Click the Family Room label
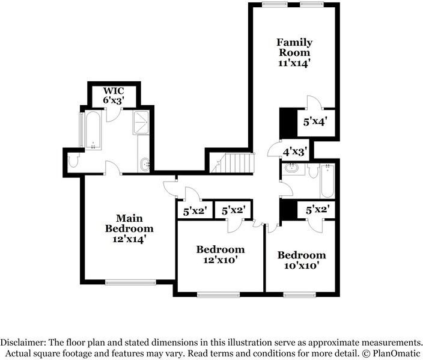click(x=294, y=47)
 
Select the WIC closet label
click(x=114, y=90)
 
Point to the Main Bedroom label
click(x=129, y=223)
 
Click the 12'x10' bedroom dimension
click(x=220, y=260)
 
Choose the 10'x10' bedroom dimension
click(x=302, y=266)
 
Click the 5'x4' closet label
click(x=315, y=122)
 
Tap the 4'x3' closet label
click(x=295, y=152)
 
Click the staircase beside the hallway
click(x=233, y=163)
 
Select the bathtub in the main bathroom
click(x=93, y=130)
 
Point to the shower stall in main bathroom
click(x=141, y=122)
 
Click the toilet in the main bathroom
click(x=73, y=160)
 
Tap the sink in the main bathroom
click(x=145, y=164)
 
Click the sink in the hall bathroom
click(x=291, y=168)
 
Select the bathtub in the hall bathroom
click(x=327, y=181)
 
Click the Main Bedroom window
click(x=130, y=282)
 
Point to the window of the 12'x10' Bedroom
click(x=219, y=294)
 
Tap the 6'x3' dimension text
click(x=114, y=100)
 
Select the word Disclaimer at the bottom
click(x=23, y=343)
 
